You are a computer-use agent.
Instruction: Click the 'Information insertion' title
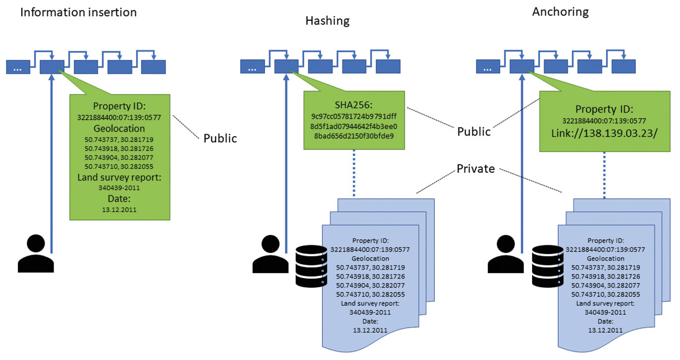[78, 12]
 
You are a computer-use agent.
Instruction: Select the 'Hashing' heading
[327, 20]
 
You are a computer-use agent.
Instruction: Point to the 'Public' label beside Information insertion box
[220, 138]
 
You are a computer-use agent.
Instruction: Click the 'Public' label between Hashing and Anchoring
[474, 132]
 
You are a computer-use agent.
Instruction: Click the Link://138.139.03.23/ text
[604, 133]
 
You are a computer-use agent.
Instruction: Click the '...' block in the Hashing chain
[252, 67]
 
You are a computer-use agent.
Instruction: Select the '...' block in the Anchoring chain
[488, 67]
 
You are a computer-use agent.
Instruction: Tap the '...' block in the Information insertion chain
[18, 67]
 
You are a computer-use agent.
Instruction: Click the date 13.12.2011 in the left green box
[119, 210]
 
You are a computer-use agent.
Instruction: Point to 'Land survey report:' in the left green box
[119, 178]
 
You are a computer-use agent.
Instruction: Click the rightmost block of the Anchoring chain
[623, 67]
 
